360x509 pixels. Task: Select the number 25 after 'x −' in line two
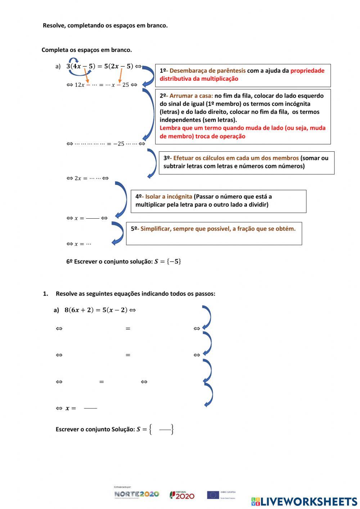point(125,85)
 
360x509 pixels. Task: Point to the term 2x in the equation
point(78,178)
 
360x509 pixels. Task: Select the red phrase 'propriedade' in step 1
point(307,71)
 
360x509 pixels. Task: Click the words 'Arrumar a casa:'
point(191,96)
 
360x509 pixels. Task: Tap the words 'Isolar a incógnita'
point(168,197)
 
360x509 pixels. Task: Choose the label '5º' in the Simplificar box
point(134,229)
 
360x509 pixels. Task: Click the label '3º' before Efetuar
point(167,158)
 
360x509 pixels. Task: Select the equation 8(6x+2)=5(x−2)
point(96,310)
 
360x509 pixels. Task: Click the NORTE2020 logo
point(136,494)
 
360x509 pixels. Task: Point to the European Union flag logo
point(213,495)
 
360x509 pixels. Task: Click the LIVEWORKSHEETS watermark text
point(309,501)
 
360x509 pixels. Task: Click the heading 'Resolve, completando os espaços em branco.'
point(105,26)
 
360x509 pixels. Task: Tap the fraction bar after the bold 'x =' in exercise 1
point(90,408)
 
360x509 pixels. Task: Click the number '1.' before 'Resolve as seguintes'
point(45,294)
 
